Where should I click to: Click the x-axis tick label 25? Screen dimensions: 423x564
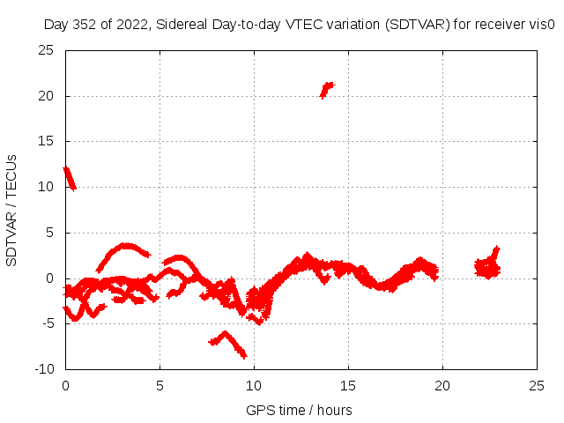537,385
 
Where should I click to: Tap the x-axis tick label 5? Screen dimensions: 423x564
160,385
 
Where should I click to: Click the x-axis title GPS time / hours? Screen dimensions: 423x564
300,410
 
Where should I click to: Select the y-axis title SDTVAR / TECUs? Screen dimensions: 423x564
12,210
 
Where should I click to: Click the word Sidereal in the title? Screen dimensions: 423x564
183,25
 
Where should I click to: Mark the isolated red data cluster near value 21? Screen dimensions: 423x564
327,88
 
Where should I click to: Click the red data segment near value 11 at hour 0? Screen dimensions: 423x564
70,178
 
